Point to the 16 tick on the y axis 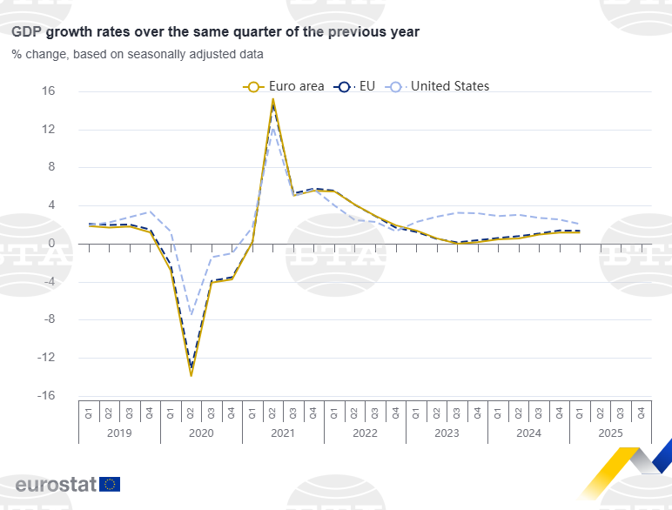(49, 91)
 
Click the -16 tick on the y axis (47, 395)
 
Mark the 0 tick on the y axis (52, 244)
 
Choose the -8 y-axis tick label (49, 319)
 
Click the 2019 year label (119, 433)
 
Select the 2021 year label (283, 433)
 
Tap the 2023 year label (447, 433)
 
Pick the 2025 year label (610, 433)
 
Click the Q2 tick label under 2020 (192, 411)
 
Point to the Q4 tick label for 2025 (642, 411)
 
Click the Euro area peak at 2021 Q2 (273, 99)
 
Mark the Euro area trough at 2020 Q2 (192, 375)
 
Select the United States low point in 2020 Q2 (192, 314)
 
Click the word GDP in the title (26, 32)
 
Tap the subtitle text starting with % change (137, 54)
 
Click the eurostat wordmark (56, 485)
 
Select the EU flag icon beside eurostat (111, 485)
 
